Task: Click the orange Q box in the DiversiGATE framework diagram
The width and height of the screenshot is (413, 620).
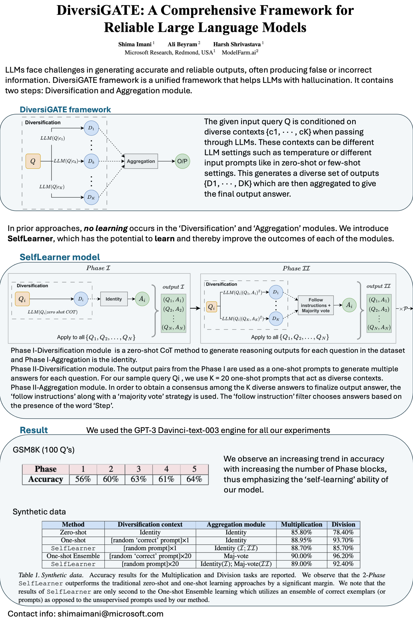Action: click(x=33, y=161)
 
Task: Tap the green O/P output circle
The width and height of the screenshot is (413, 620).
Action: click(x=182, y=161)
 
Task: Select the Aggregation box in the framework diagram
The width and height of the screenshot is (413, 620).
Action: click(x=141, y=161)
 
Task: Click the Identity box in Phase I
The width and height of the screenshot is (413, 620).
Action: click(x=114, y=299)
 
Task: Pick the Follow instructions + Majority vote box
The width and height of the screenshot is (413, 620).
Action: click(x=316, y=305)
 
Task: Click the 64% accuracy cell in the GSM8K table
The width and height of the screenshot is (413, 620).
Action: click(x=194, y=479)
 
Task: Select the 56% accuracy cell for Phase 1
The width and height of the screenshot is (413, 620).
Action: click(x=83, y=479)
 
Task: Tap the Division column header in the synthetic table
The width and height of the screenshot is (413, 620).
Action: click(x=343, y=524)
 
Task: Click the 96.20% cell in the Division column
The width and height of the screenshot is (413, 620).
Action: click(x=343, y=556)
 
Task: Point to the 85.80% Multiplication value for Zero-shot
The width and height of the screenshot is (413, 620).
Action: click(x=302, y=532)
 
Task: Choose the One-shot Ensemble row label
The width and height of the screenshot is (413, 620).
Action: click(x=73, y=556)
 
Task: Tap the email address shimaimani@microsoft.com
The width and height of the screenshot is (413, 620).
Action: click(x=110, y=614)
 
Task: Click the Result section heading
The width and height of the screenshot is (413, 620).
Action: click(x=34, y=430)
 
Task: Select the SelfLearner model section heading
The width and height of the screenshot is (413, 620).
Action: click(x=60, y=257)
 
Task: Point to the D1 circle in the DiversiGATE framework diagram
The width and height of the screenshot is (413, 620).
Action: click(x=91, y=128)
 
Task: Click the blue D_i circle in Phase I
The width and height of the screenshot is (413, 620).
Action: click(x=81, y=299)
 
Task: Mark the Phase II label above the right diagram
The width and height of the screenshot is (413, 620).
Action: click(x=296, y=268)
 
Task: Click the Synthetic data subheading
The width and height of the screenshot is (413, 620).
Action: click(x=39, y=512)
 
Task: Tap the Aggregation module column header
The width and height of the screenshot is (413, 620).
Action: click(x=236, y=524)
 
